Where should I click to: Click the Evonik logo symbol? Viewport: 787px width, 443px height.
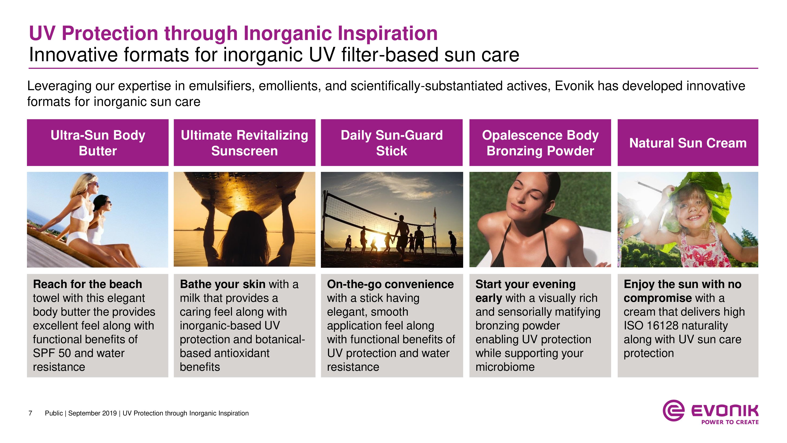673,410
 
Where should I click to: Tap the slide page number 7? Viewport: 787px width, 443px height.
30,413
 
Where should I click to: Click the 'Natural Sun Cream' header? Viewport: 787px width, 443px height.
688,143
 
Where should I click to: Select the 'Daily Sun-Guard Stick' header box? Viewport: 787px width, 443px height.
392,143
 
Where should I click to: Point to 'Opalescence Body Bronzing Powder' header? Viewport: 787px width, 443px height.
540,143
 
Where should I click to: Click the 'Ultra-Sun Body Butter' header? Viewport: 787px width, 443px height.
98,143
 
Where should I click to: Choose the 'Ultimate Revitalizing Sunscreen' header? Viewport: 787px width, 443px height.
244,143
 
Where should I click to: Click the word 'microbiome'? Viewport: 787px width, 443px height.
505,367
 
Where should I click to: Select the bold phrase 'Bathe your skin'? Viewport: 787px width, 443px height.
223,284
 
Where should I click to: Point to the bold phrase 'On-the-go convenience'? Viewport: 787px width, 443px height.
390,284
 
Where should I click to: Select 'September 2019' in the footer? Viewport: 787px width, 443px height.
92,413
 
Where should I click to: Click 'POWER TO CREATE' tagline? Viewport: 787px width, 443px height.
730,422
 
